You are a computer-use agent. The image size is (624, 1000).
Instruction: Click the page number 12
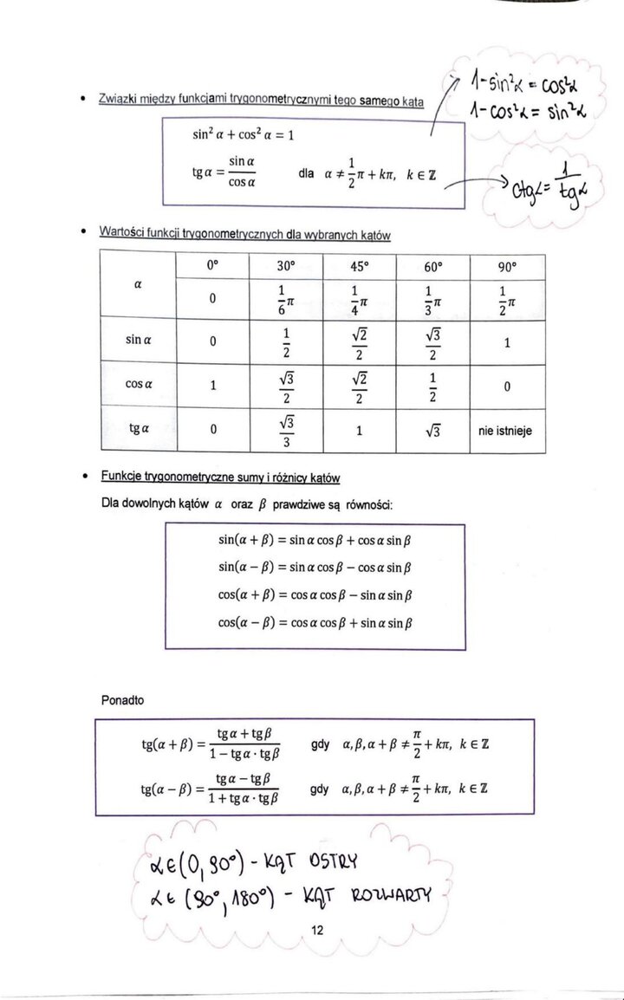pos(316,931)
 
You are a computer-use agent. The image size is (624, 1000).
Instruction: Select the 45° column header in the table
pos(358,266)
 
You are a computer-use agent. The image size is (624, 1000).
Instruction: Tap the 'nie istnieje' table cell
pos(508,429)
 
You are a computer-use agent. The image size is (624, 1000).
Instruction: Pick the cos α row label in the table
pos(139,384)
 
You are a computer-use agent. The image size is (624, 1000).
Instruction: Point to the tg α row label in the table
pos(139,429)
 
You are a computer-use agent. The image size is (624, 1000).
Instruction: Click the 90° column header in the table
pos(508,266)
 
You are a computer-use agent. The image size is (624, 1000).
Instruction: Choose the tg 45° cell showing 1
pos(358,429)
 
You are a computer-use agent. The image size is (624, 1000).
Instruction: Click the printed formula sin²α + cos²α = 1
pos(244,135)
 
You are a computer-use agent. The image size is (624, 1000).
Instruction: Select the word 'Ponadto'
pos(123,700)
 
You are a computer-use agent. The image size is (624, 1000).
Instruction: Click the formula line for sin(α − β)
pos(315,568)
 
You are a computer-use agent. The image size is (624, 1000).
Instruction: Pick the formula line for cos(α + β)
pos(315,596)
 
